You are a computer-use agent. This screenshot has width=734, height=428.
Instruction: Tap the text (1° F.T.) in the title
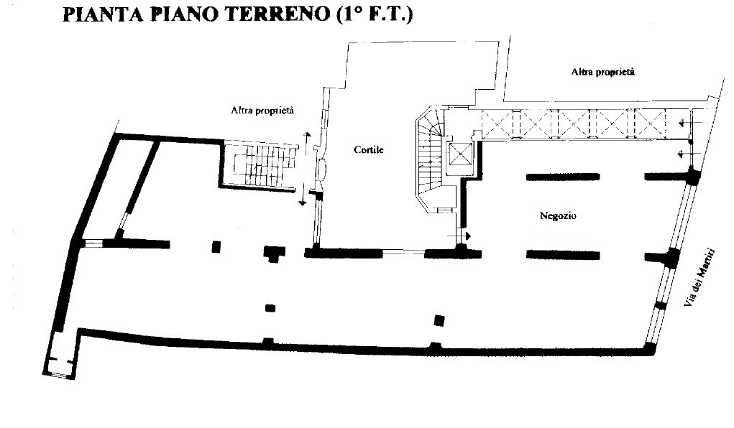374,14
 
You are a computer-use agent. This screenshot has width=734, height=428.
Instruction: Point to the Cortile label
368,149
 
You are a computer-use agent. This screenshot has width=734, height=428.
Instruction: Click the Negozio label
558,215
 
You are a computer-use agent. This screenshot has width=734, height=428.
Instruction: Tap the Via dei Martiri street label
699,277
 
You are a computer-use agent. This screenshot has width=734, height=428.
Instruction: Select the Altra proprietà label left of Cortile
262,111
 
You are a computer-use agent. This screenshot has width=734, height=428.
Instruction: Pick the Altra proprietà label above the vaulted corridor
602,72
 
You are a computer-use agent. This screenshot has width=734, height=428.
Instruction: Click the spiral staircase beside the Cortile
429,157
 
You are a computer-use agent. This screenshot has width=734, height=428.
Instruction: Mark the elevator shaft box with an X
460,154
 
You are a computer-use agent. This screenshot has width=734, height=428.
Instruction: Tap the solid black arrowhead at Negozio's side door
467,236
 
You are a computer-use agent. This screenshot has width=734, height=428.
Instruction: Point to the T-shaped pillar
274,253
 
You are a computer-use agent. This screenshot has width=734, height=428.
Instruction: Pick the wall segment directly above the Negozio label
563,177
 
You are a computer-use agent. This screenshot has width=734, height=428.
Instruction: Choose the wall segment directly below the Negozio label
563,255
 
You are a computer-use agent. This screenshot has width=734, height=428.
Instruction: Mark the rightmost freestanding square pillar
439,320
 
